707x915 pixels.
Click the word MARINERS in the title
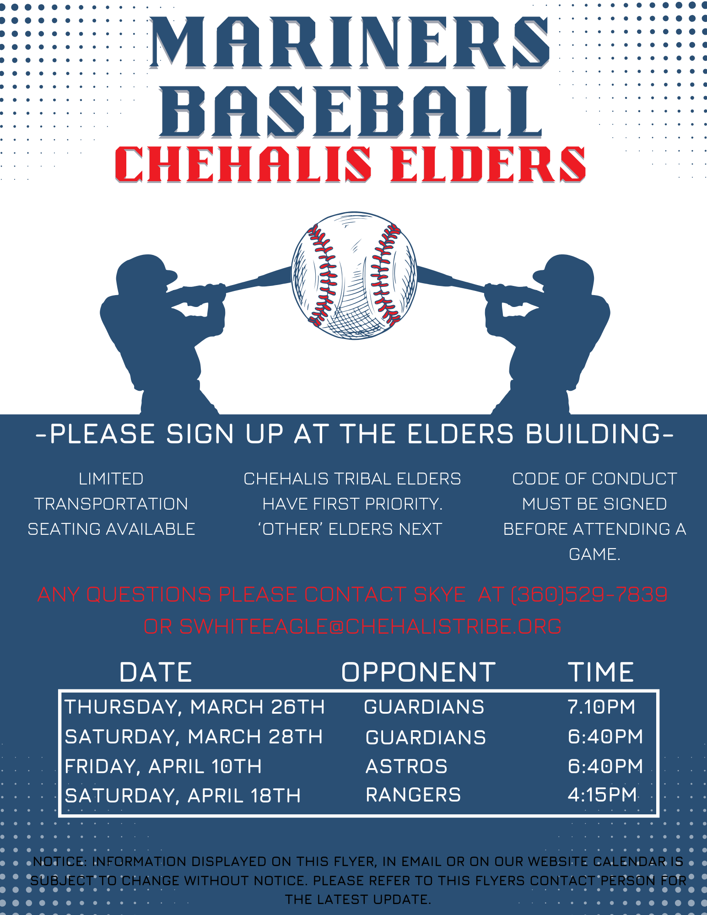pyautogui.click(x=350, y=43)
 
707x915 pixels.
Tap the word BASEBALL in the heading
pyautogui.click(x=351, y=113)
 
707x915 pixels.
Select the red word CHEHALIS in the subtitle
pyautogui.click(x=243, y=164)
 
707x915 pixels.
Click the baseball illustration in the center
pyautogui.click(x=354, y=275)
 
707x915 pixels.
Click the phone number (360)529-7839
pyautogui.click(x=589, y=595)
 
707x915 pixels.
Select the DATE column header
pyautogui.click(x=156, y=672)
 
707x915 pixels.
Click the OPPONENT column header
pyautogui.click(x=419, y=672)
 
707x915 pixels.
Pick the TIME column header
pyautogui.click(x=601, y=672)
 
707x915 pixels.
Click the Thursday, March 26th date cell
pyautogui.click(x=194, y=707)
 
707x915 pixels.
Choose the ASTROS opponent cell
pyautogui.click(x=406, y=766)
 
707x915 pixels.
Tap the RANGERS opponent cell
pyautogui.click(x=413, y=795)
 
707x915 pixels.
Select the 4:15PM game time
pyautogui.click(x=602, y=795)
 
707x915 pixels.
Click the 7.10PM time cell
pyautogui.click(x=601, y=707)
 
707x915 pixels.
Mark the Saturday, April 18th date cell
pyautogui.click(x=183, y=796)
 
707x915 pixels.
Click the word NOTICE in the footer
pyautogui.click(x=59, y=861)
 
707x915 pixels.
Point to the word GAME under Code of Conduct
pyautogui.click(x=594, y=554)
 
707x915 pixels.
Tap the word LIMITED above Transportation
pyautogui.click(x=111, y=479)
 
